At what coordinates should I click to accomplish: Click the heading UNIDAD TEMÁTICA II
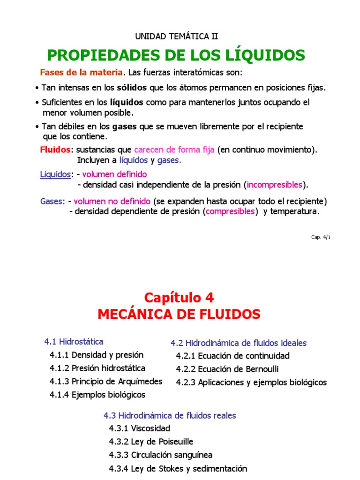[x=176, y=36]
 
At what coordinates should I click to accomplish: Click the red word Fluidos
[x=56, y=150]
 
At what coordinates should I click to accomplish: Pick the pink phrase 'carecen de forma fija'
[x=174, y=150]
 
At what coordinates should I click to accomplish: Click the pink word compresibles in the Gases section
[x=231, y=211]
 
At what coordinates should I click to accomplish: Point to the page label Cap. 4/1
[x=321, y=237]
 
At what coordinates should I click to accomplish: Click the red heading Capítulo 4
[x=179, y=298]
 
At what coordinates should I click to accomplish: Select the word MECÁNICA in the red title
[x=138, y=314]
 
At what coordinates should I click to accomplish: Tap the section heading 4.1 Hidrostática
[x=74, y=341]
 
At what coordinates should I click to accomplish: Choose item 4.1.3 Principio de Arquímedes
[x=106, y=381]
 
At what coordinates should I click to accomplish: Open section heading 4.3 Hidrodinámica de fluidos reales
[x=170, y=415]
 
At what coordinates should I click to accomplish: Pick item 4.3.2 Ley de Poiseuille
[x=151, y=442]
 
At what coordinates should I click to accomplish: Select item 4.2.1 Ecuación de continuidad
[x=232, y=356]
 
